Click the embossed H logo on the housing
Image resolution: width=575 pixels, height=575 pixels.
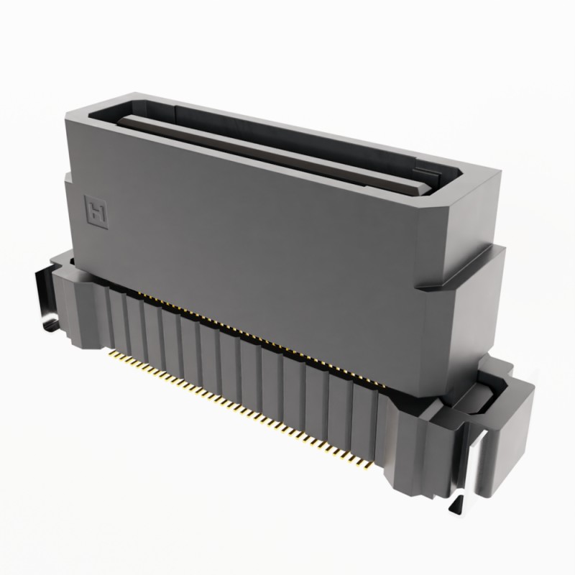tap(95, 208)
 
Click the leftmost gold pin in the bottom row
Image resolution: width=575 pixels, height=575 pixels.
tap(110, 353)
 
